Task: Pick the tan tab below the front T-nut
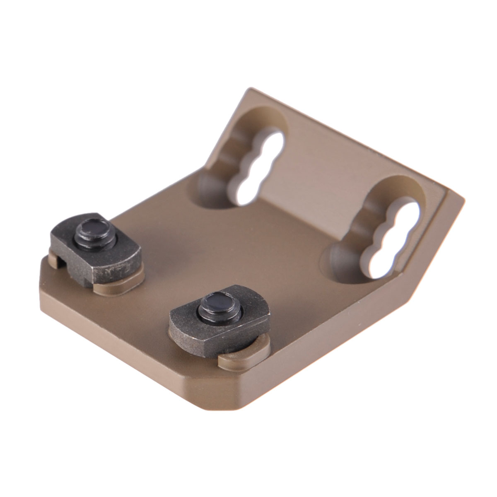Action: (x=244, y=356)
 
